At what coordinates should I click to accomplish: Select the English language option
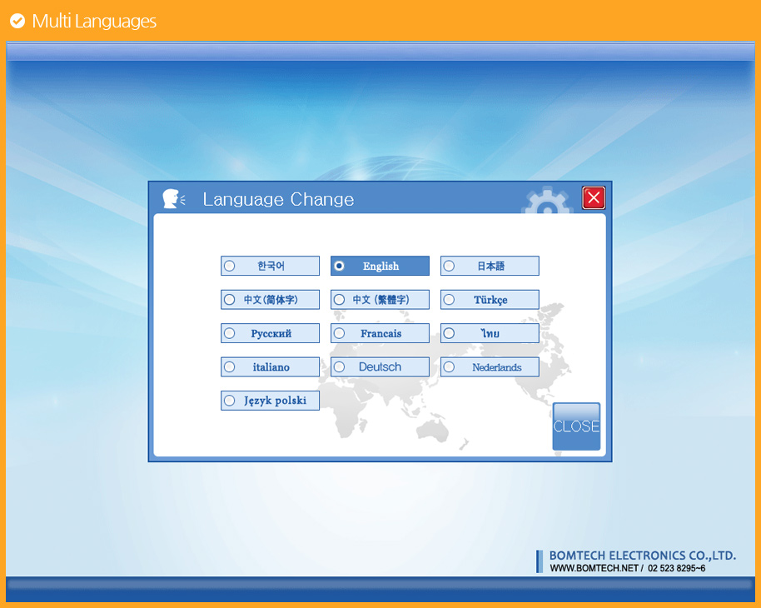(380, 266)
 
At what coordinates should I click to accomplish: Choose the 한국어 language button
(270, 266)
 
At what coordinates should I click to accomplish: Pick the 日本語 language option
(490, 266)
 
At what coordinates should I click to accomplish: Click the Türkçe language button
(490, 300)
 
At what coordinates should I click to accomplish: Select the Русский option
(270, 333)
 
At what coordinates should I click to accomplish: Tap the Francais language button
(380, 333)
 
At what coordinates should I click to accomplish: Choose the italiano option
(270, 366)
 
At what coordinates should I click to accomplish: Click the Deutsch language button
(380, 366)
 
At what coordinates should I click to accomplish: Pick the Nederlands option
(490, 366)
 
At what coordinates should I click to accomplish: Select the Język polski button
(270, 401)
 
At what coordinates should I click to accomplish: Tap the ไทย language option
(490, 333)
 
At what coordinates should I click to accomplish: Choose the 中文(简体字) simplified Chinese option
(270, 300)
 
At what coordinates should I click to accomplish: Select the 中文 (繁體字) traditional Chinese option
(380, 300)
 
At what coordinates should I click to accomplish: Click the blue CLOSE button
(576, 426)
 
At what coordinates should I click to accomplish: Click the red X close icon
(594, 197)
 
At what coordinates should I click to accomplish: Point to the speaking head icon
(173, 198)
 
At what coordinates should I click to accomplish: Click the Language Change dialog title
(278, 199)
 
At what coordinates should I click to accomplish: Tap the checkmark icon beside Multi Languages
(17, 21)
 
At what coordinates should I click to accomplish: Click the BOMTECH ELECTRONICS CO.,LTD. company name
(643, 556)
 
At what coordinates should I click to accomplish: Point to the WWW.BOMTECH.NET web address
(594, 568)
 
